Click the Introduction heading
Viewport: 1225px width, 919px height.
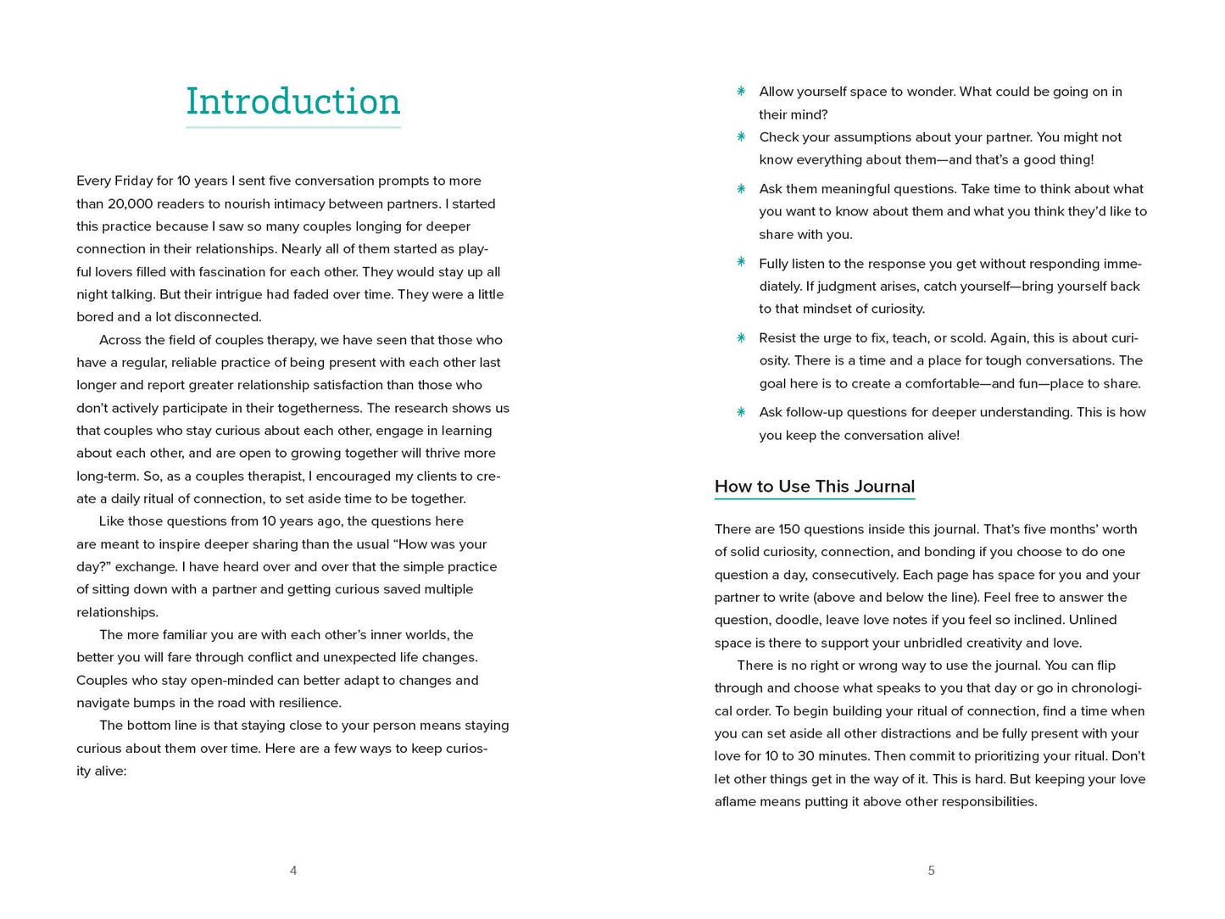292,102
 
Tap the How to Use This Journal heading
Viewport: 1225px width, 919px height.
814,487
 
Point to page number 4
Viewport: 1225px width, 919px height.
293,871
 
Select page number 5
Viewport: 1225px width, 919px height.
931,871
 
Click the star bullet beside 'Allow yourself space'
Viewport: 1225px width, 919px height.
741,92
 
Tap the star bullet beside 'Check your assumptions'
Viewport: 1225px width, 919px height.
741,136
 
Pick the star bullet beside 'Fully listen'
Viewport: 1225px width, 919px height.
741,262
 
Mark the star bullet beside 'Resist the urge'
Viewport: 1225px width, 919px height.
741,337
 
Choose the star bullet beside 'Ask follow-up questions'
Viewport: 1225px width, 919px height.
741,412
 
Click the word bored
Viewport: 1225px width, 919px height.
95,317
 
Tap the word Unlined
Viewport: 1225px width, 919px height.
1092,620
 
